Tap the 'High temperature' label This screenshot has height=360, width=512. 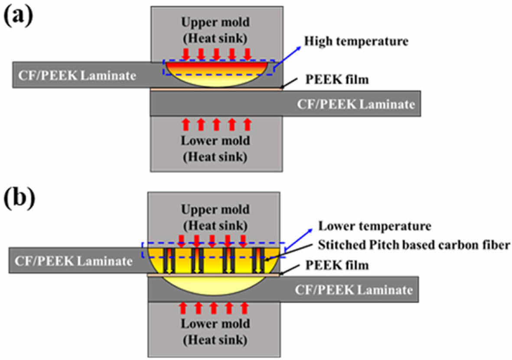[x=356, y=42]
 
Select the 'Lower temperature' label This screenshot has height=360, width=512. [x=375, y=226]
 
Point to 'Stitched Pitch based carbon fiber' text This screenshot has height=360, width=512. [x=414, y=245]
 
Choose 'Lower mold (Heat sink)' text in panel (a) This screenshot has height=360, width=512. [x=215, y=148]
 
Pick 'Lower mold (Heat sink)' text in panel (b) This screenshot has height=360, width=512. [x=215, y=331]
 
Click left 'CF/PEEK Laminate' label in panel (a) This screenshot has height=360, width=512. [x=77, y=76]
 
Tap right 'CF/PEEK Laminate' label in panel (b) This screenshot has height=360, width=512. [x=353, y=289]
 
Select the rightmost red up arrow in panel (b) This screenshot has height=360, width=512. [x=245, y=308]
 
